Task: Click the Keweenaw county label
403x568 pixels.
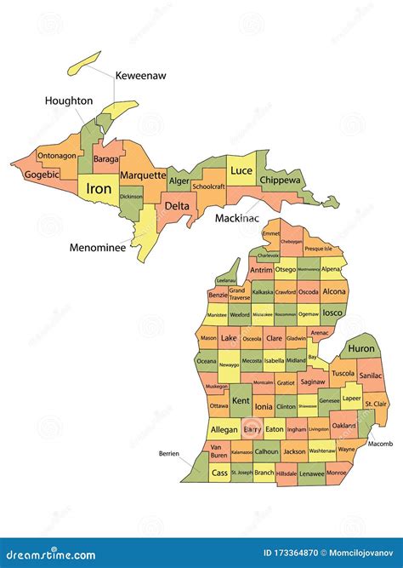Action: click(x=140, y=76)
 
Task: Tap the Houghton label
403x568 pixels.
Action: click(x=69, y=101)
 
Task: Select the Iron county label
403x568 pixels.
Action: click(x=99, y=188)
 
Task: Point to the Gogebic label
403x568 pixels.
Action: click(x=42, y=175)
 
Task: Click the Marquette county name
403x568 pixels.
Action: click(x=143, y=175)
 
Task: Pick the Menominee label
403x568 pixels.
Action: click(x=98, y=249)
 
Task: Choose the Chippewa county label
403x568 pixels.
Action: click(x=280, y=181)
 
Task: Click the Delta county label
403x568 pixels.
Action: click(x=177, y=206)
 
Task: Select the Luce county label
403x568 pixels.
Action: click(x=241, y=171)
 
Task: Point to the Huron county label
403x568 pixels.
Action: click(x=360, y=348)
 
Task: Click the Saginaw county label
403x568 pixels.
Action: click(x=313, y=383)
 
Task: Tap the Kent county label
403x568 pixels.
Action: click(x=241, y=400)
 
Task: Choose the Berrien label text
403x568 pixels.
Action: click(x=168, y=454)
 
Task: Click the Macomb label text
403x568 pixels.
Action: click(x=381, y=444)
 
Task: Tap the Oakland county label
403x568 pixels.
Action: click(x=343, y=425)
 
